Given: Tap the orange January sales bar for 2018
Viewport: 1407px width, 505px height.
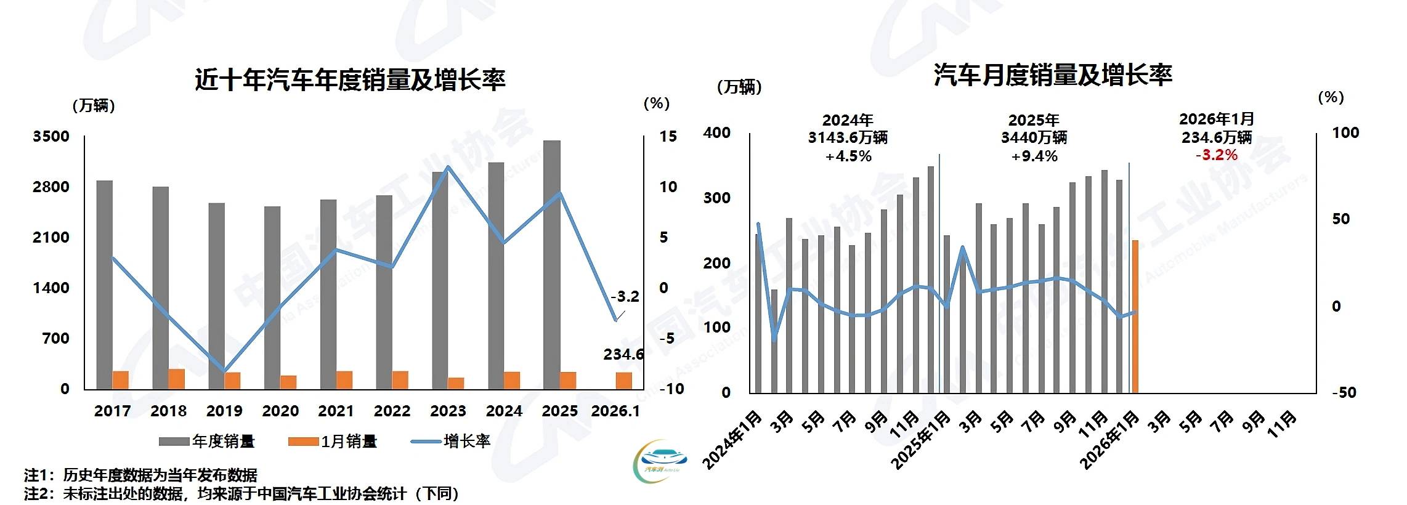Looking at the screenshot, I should point(176,379).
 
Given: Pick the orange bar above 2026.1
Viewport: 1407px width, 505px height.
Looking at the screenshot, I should point(623,381).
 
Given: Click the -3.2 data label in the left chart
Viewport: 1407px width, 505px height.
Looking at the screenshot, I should point(625,296).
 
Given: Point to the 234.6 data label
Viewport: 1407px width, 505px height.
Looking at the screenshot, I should point(623,354).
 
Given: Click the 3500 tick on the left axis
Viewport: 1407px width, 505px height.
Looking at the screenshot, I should point(51,136).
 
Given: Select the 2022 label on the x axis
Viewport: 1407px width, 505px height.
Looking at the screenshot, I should point(392,411).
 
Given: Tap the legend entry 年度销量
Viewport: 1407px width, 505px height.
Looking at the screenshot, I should point(207,441).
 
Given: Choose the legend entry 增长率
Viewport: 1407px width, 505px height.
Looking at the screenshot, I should point(451,441).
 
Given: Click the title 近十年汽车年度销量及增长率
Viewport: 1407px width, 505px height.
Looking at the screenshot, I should point(350,80).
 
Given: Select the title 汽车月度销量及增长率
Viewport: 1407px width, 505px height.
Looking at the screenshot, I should point(1052,75).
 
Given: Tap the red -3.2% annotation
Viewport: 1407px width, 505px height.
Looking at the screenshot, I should point(1216,155).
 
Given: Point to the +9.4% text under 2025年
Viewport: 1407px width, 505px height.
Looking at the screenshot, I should point(1034,156).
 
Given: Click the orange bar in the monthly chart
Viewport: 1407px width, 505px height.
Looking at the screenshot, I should point(1135,316).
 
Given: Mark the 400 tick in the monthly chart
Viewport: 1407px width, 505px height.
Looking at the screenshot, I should point(716,132).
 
